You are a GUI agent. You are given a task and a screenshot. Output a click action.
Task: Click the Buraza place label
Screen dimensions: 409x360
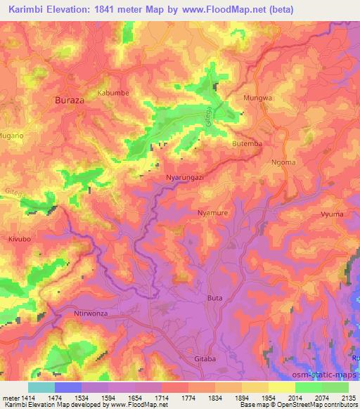(x=70, y=100)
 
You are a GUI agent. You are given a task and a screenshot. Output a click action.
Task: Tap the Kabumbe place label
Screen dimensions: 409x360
(x=114, y=92)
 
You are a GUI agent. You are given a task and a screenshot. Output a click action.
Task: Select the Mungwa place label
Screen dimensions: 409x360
(x=257, y=98)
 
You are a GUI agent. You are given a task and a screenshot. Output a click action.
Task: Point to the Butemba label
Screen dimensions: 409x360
(x=247, y=143)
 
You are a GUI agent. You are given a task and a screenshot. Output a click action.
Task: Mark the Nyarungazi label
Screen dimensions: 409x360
(x=184, y=178)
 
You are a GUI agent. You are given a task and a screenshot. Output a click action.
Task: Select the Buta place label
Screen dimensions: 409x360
(x=214, y=298)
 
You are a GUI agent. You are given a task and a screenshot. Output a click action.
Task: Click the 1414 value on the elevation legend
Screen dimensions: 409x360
(x=28, y=398)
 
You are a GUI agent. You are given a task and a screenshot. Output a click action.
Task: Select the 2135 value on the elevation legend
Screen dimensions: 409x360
(x=348, y=398)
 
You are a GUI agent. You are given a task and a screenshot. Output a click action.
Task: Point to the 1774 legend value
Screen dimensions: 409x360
(x=190, y=398)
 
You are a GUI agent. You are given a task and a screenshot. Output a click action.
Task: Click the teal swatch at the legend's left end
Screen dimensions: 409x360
(x=41, y=387)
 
